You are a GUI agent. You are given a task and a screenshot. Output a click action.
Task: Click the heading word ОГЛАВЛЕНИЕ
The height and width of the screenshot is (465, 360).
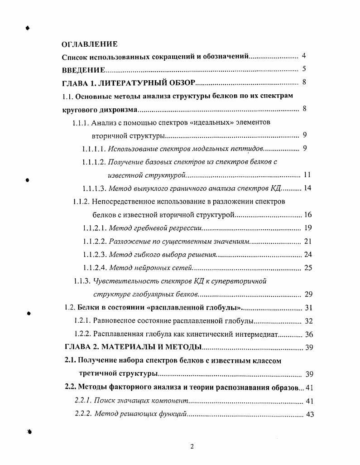tap(90, 44)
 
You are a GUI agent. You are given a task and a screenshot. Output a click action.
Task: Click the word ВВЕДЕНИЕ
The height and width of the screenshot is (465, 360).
tap(83, 70)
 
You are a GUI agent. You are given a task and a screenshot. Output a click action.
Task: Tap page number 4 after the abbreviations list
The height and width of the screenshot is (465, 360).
tap(304, 56)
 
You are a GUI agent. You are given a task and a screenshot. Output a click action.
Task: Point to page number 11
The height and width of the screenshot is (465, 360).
tap(307, 175)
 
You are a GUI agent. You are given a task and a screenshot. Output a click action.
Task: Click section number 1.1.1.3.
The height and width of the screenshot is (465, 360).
tap(94, 189)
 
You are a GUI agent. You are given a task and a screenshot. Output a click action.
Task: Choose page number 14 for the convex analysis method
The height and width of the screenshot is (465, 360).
tap(307, 188)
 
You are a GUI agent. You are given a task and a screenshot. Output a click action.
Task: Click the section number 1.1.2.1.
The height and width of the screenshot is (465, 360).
tap(94, 228)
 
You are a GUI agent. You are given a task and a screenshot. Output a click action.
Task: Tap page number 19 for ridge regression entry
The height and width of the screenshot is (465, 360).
tap(308, 228)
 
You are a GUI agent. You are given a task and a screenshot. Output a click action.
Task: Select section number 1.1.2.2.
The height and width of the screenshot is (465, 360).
tap(94, 241)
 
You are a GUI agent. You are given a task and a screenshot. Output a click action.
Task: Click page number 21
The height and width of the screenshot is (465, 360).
tap(308, 241)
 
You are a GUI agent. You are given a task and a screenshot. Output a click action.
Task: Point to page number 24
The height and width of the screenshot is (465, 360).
tap(308, 254)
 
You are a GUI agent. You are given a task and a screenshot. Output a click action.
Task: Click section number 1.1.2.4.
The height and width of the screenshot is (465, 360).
tap(94, 268)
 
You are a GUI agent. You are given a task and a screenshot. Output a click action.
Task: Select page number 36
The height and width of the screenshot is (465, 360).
tap(309, 334)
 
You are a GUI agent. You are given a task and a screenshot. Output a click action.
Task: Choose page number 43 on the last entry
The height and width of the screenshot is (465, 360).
tap(310, 414)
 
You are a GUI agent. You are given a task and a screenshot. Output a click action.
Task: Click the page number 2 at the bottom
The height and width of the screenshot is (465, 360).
tap(192, 446)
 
